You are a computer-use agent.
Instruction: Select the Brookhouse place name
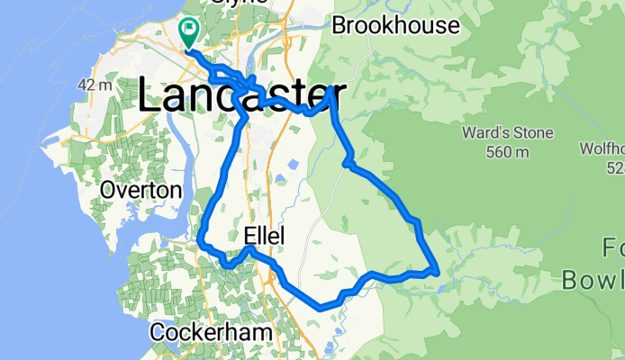395,25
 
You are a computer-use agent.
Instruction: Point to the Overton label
141,191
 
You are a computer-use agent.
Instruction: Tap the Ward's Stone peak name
507,133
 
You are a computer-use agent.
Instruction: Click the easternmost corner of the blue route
437,269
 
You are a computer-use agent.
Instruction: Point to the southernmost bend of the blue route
322,308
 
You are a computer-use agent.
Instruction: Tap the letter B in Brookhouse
340,25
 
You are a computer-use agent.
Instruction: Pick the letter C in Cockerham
158,333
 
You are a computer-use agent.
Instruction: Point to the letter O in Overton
108,191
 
